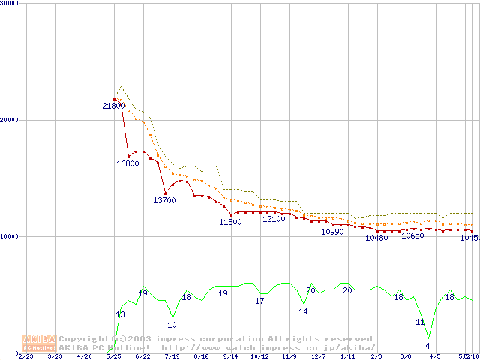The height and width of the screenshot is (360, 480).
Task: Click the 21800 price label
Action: pyautogui.click(x=113, y=106)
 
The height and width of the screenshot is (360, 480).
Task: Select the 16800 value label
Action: pyautogui.click(x=127, y=163)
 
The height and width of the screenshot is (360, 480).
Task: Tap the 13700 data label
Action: pyautogui.click(x=164, y=200)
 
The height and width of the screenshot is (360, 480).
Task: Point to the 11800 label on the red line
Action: pyautogui.click(x=230, y=222)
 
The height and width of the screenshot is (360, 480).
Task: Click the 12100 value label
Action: pyautogui.click(x=274, y=219)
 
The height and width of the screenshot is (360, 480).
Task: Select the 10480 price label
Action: pyautogui.click(x=376, y=238)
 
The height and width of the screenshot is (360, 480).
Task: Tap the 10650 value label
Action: pyautogui.click(x=412, y=235)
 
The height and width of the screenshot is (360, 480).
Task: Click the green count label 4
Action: pyautogui.click(x=427, y=346)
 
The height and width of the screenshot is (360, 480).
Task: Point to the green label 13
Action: pyautogui.click(x=120, y=313)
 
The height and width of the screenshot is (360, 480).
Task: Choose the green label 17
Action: pyautogui.click(x=259, y=301)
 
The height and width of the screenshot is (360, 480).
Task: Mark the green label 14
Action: pyautogui.click(x=303, y=311)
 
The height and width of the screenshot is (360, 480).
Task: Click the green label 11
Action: pyautogui.click(x=420, y=322)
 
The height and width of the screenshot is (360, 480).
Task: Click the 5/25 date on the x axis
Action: pyautogui.click(x=113, y=356)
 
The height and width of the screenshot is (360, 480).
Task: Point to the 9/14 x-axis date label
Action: pyautogui.click(x=230, y=356)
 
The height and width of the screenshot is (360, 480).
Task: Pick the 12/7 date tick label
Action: pyautogui.click(x=318, y=356)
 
